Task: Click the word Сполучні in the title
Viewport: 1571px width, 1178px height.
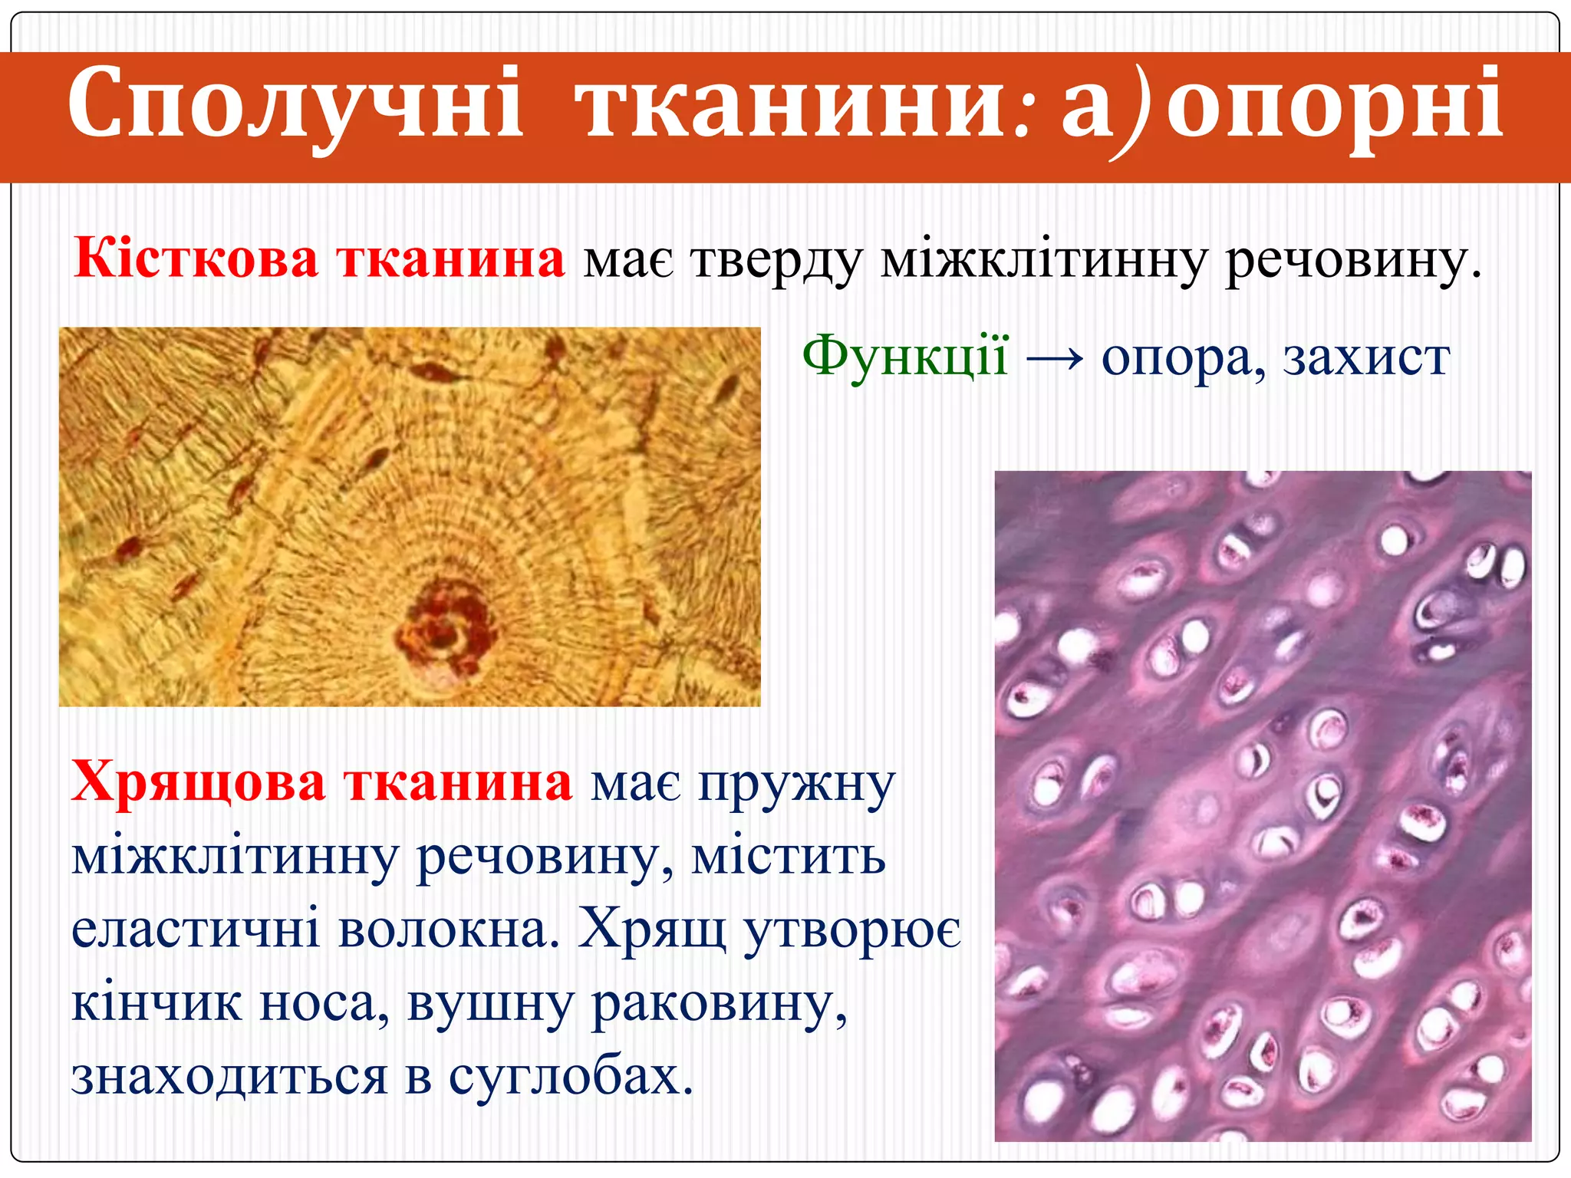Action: click(x=295, y=104)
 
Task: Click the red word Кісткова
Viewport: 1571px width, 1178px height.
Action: click(x=196, y=258)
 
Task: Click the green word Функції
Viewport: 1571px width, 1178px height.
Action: click(x=905, y=357)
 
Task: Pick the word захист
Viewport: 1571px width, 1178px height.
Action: click(x=1366, y=357)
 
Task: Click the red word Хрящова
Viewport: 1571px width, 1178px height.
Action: click(x=198, y=782)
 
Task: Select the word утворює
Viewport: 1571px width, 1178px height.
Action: click(x=852, y=930)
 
